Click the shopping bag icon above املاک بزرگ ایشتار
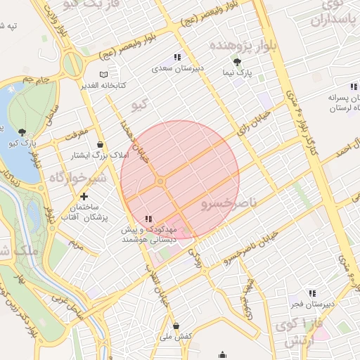pos(103,143)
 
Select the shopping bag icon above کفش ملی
pos(176,326)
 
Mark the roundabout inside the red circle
pos(160,182)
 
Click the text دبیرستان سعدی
pos(178,69)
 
